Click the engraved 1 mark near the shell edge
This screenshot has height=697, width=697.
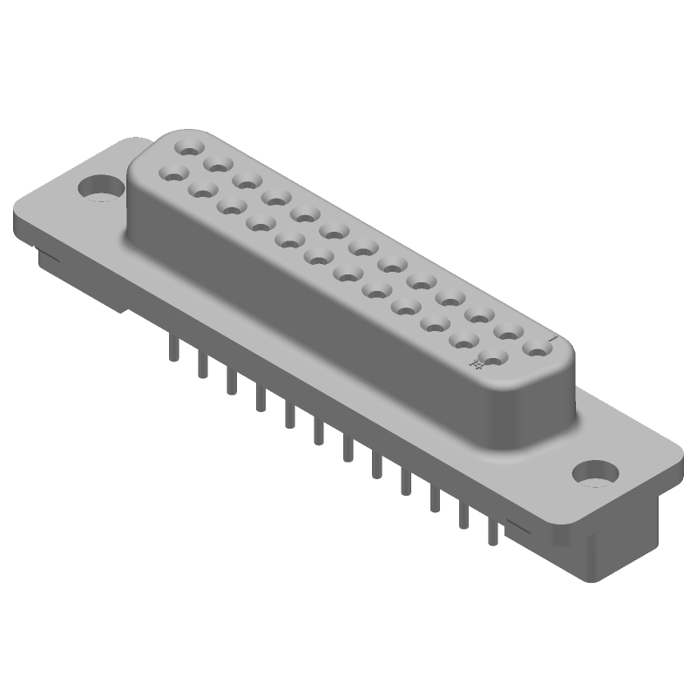(552, 336)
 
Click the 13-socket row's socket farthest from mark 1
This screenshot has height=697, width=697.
(189, 145)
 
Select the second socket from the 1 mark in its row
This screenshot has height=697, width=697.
(508, 332)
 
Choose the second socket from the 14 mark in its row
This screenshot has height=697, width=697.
(464, 340)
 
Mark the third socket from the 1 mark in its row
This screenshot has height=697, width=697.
(479, 315)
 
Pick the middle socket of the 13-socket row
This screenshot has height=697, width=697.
(362, 247)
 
